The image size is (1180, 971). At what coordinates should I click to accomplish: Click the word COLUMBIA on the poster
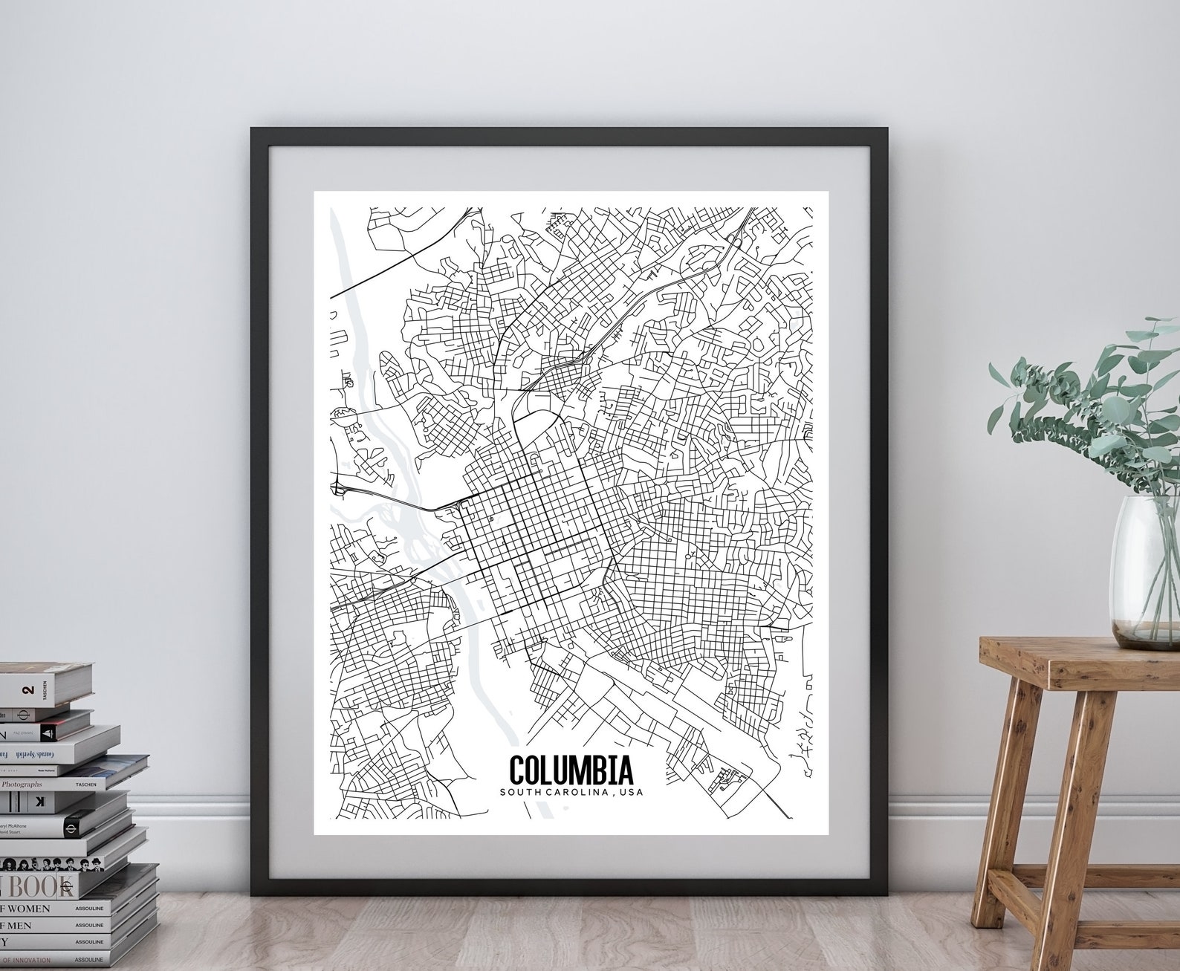570,770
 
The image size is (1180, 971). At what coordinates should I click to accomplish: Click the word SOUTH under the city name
525,792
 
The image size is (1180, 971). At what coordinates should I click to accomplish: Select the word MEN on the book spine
22,925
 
